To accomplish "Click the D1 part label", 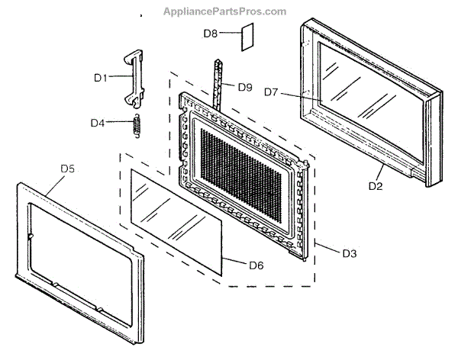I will point(102,77).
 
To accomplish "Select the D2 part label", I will point(375,186).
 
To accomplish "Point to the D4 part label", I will point(97,123).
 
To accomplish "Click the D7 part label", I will point(272,92).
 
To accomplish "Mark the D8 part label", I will point(211,34).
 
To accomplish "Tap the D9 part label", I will point(244,87).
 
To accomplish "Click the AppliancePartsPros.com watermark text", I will point(224,11).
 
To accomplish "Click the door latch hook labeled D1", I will point(133,76).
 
